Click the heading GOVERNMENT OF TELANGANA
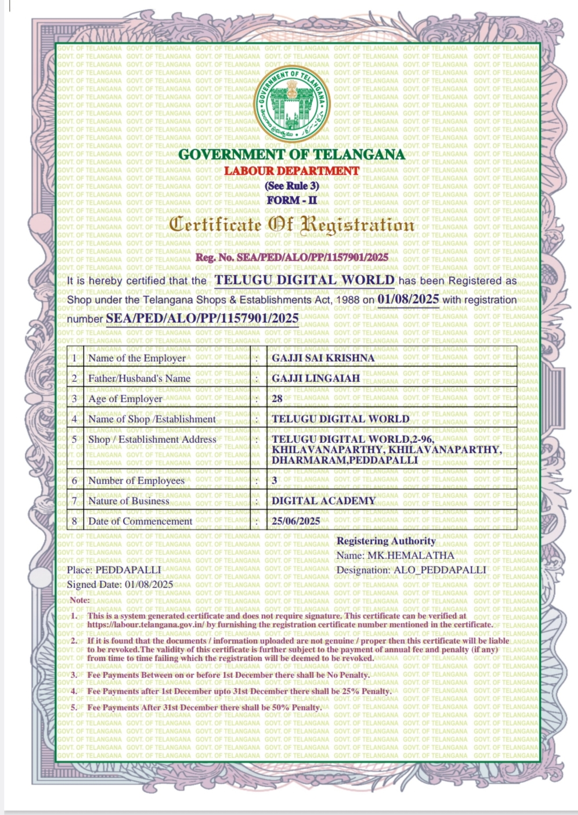click(x=291, y=155)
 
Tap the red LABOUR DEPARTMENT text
click(x=292, y=171)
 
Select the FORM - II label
click(x=292, y=200)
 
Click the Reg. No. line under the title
click(x=292, y=257)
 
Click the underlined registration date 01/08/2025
click(x=408, y=300)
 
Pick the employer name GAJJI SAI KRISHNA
click(x=323, y=358)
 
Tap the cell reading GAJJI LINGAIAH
click(x=316, y=378)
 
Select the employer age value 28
click(x=277, y=399)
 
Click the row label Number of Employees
click(x=136, y=481)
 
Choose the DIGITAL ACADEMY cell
click(x=323, y=500)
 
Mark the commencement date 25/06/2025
click(x=296, y=521)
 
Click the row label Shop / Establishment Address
click(x=152, y=439)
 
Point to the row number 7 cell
click(x=74, y=500)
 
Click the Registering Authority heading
click(x=386, y=541)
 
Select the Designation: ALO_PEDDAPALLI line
click(x=411, y=570)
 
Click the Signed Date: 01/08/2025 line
click(x=120, y=585)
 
